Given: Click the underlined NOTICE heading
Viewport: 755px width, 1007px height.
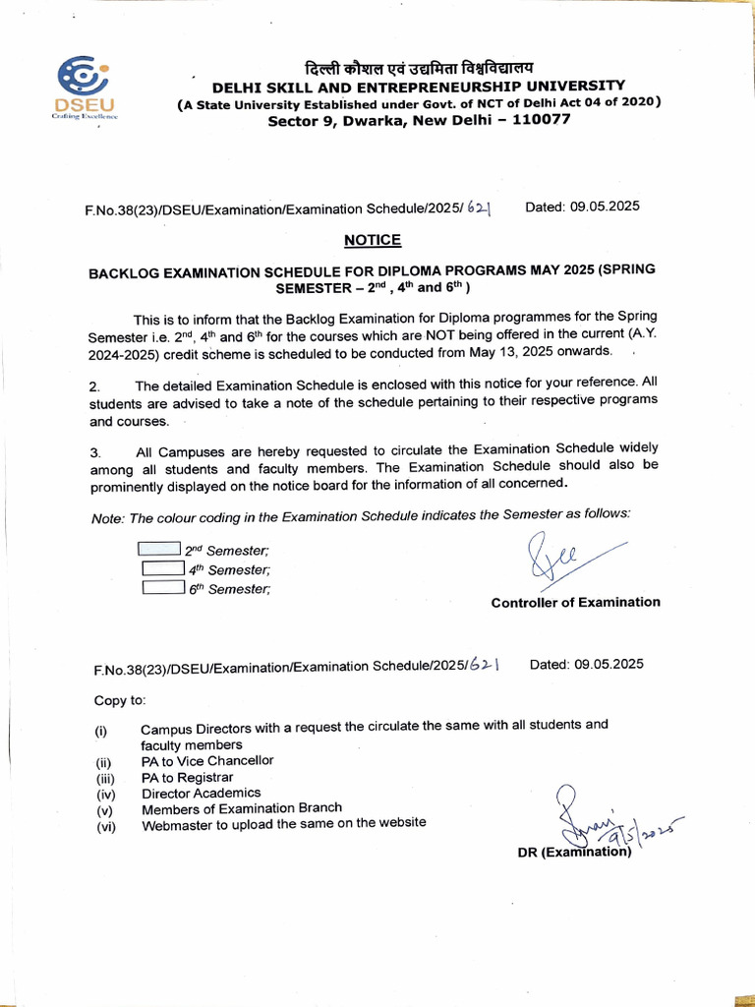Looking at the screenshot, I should pos(373,240).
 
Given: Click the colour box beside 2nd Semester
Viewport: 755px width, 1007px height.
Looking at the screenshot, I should pos(159,550).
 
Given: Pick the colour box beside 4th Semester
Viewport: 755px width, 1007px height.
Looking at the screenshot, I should pos(163,568).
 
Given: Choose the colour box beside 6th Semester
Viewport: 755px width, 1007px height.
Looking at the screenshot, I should pos(163,588).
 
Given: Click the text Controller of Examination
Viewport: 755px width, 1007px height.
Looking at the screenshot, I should pos(575,602).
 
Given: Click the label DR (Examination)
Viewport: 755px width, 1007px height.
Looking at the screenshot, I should pos(574,852).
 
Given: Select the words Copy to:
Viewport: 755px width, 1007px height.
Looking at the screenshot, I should pos(119,700).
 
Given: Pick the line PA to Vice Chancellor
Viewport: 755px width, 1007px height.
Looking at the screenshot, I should pos(207,760).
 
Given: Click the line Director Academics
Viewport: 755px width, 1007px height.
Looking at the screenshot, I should pos(202,793).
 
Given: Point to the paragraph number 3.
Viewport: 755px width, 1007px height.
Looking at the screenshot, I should pos(95,452).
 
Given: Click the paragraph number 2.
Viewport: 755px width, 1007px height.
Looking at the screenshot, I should pos(95,385).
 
